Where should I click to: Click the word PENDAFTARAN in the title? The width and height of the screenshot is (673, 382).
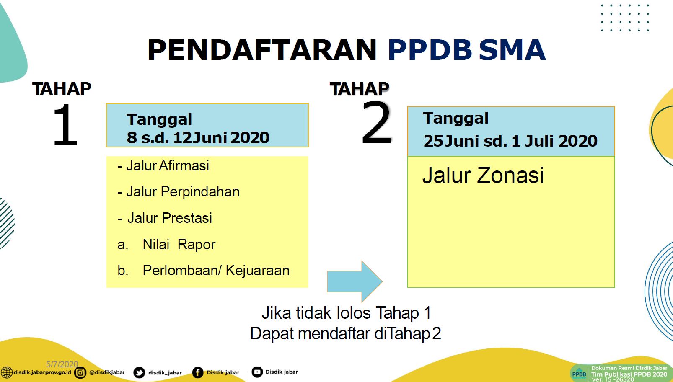point(261,50)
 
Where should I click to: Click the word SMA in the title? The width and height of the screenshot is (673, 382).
point(512,50)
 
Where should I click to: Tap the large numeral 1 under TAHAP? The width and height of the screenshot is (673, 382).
point(65,125)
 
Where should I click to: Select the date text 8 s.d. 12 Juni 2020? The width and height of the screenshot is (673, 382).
point(198,138)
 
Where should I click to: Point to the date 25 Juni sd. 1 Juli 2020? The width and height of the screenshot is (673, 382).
point(510,141)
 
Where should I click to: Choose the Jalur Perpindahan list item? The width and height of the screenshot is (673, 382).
point(179,192)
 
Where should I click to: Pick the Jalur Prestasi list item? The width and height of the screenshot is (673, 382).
point(165,218)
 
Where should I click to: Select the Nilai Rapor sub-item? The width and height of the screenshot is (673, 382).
point(166,245)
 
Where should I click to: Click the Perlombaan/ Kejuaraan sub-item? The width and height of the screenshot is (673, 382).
point(203,271)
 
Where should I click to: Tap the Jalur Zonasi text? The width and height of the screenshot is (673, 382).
point(483,175)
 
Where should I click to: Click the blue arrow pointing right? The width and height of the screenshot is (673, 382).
point(355,281)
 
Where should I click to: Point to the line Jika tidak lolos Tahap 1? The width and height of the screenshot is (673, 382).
point(347,313)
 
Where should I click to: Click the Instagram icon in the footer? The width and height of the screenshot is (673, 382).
point(80,373)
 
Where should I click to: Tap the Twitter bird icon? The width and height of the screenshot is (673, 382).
point(139,373)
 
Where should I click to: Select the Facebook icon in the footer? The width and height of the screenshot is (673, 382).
point(198,373)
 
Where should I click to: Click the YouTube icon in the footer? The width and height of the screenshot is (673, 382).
point(257,372)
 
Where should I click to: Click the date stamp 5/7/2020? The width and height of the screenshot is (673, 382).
point(62,364)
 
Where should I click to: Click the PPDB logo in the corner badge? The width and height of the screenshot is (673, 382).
point(579,373)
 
